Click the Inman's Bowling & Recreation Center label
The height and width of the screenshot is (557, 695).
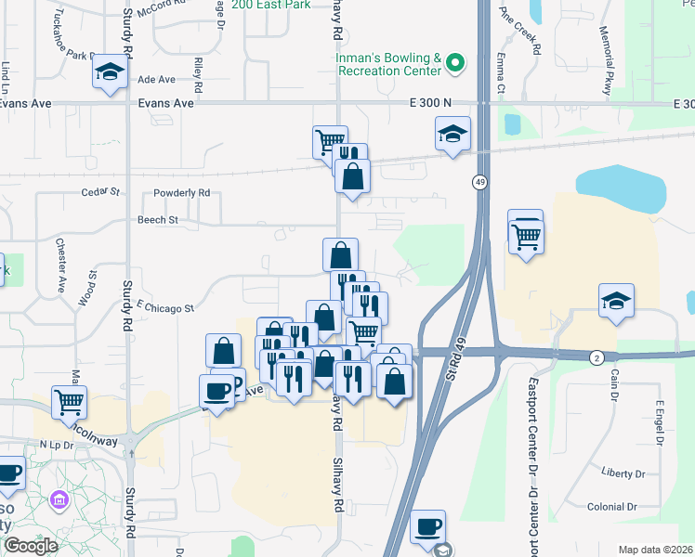tap(389, 64)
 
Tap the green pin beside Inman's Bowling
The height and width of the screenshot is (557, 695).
tap(454, 64)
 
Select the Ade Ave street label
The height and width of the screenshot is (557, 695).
tap(156, 80)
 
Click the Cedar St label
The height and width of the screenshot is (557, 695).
tap(102, 192)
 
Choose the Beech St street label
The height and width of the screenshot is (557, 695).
tap(157, 220)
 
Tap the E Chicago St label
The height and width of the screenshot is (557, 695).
tap(164, 307)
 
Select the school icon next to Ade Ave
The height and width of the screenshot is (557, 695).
tap(110, 71)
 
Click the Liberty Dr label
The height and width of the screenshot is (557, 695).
tap(623, 473)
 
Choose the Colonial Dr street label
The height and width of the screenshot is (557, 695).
tap(611, 507)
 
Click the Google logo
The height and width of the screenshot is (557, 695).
tap(31, 546)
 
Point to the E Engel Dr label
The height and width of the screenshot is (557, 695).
tap(661, 422)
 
